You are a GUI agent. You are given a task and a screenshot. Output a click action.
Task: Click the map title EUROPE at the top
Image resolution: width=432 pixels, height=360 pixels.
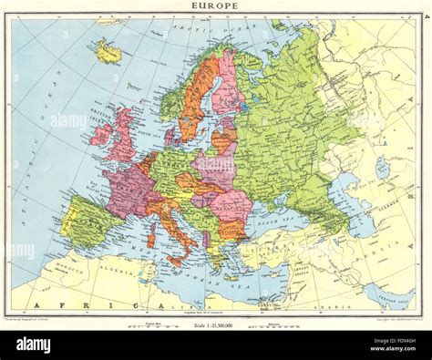tap(215, 6)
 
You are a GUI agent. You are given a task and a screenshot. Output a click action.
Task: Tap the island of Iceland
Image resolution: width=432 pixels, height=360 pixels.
tap(108, 50)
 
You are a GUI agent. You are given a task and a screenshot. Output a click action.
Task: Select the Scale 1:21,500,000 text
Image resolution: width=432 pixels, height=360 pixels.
tap(216, 325)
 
